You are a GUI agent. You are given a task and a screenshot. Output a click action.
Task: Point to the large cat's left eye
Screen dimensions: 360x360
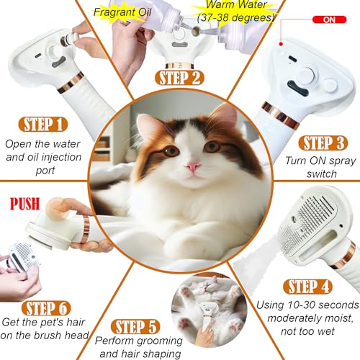click(x=171, y=150)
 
